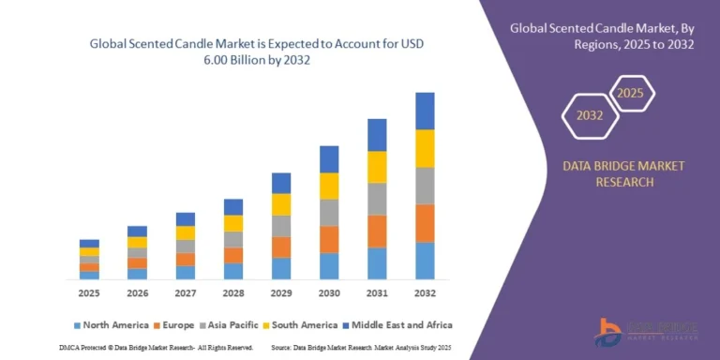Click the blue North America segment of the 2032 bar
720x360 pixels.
(425, 261)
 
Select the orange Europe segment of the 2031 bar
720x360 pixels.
(377, 231)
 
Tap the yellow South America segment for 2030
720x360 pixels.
(329, 186)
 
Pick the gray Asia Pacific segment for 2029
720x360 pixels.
(281, 226)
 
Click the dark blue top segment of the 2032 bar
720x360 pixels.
(425, 111)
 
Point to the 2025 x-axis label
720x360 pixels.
(89, 293)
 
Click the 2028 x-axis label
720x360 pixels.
(232, 293)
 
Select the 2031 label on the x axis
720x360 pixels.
(377, 293)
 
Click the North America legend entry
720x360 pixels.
(111, 324)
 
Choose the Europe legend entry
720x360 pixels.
(175, 324)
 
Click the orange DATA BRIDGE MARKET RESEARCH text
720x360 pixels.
(622, 173)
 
